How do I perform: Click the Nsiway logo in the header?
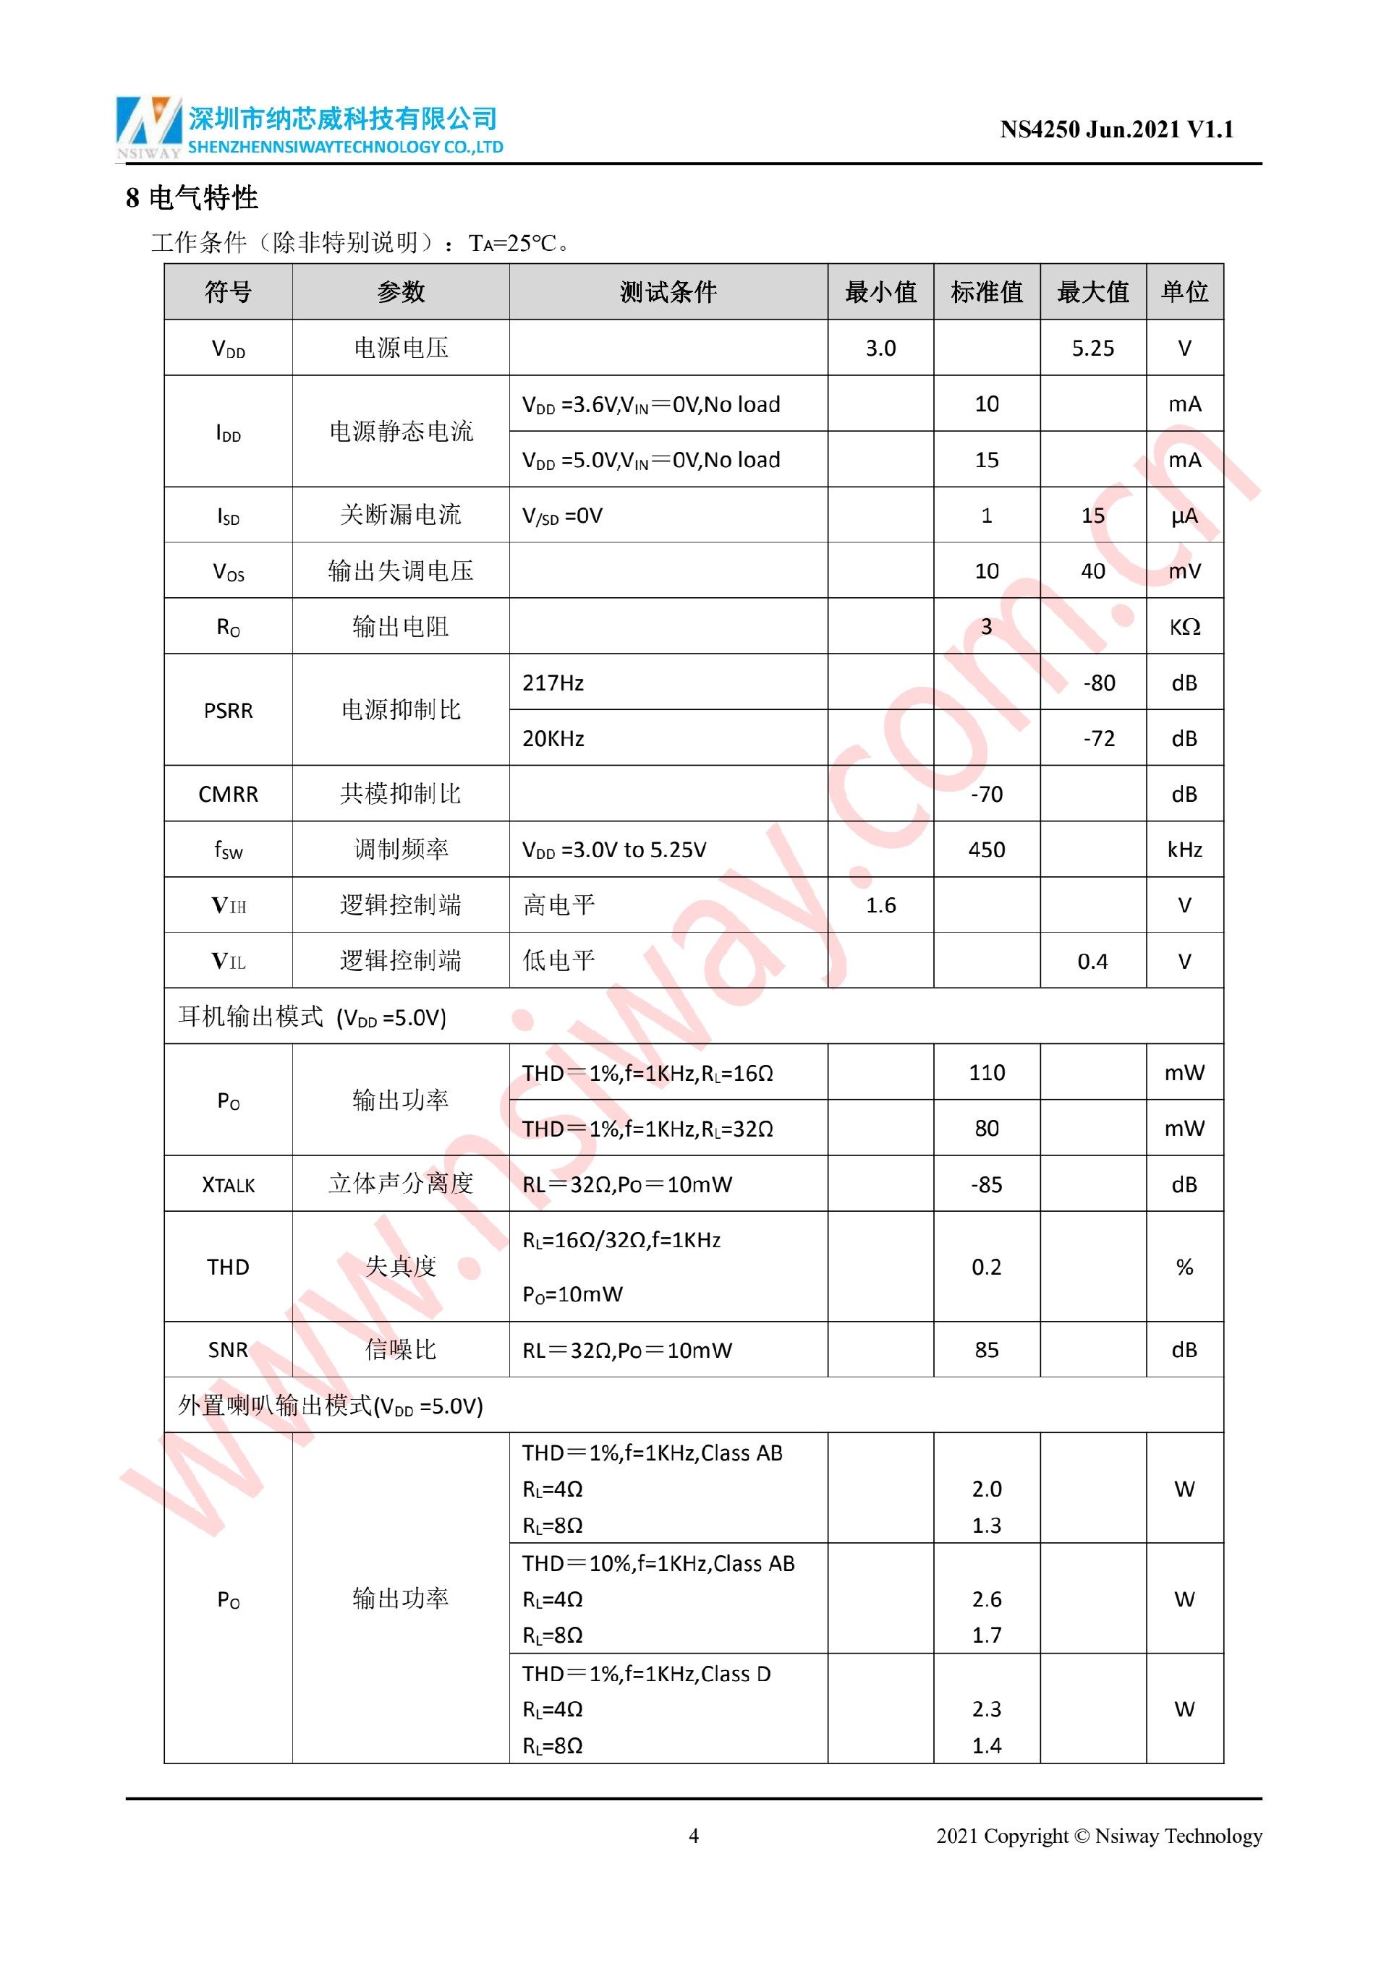(149, 127)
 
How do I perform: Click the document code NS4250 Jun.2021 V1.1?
(1116, 130)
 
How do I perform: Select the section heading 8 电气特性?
(192, 198)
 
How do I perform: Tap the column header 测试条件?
(668, 292)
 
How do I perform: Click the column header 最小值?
(880, 292)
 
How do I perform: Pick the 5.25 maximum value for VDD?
(1092, 348)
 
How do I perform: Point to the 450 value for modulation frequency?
(986, 850)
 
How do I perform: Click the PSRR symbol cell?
(229, 711)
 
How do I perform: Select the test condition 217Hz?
(553, 683)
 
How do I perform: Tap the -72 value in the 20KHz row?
(1098, 739)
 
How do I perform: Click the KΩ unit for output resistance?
(1184, 628)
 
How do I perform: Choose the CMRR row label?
(229, 795)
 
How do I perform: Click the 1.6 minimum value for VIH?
(880, 905)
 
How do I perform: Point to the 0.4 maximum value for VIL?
(1092, 962)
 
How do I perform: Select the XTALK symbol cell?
(229, 1185)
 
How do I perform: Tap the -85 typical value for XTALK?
(986, 1185)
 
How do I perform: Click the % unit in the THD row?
(1184, 1267)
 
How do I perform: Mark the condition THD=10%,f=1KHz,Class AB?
(658, 1564)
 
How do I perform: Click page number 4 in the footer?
(694, 1836)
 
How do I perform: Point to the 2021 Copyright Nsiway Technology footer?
(1098, 1836)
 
